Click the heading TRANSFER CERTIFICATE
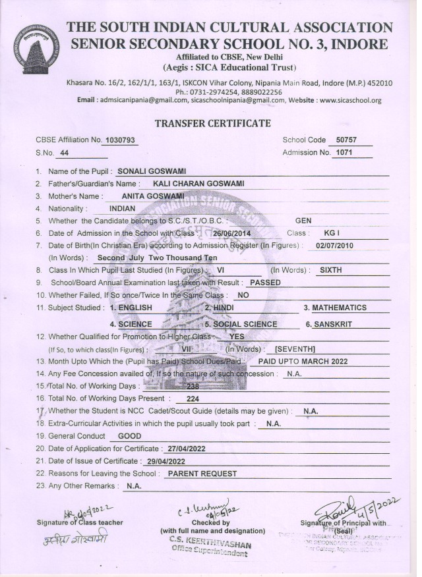point(212,123)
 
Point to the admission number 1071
point(345,153)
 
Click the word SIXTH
point(331,270)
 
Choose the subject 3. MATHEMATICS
point(334,308)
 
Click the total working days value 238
point(193,387)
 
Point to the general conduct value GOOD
point(129,436)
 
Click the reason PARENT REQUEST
point(201,474)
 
